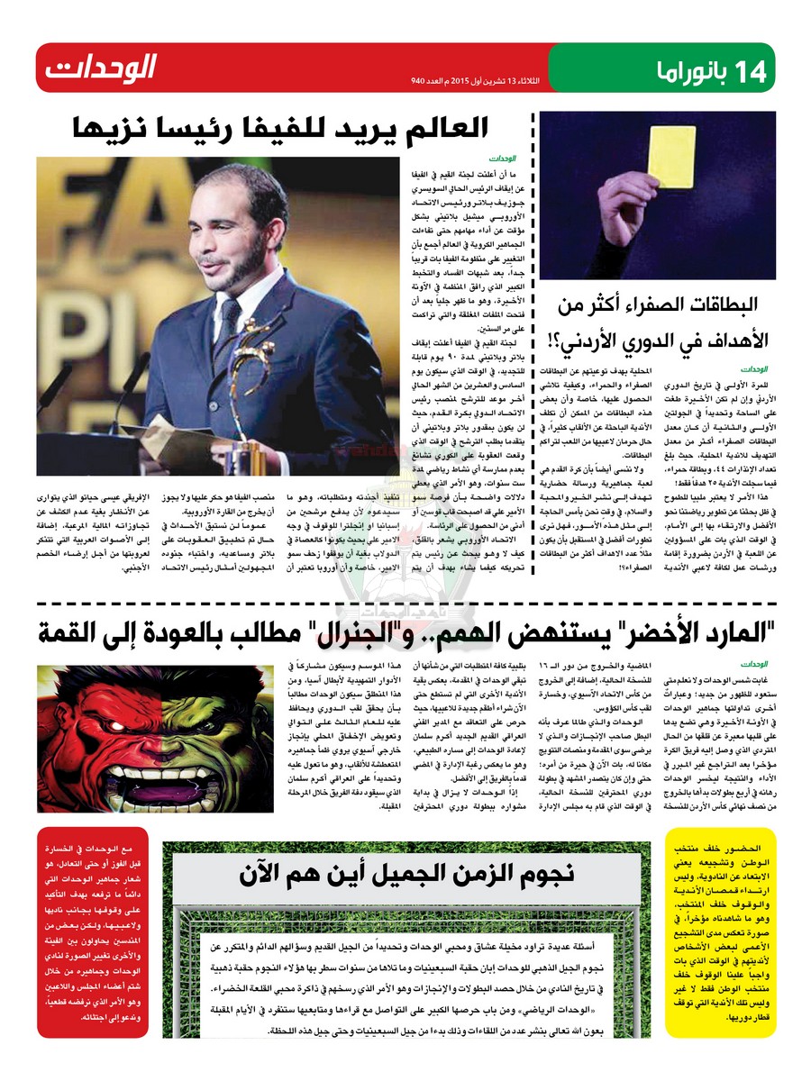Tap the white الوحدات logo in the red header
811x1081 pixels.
[102, 67]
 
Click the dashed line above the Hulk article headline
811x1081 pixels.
[405, 604]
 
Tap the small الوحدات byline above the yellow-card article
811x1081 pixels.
[755, 368]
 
